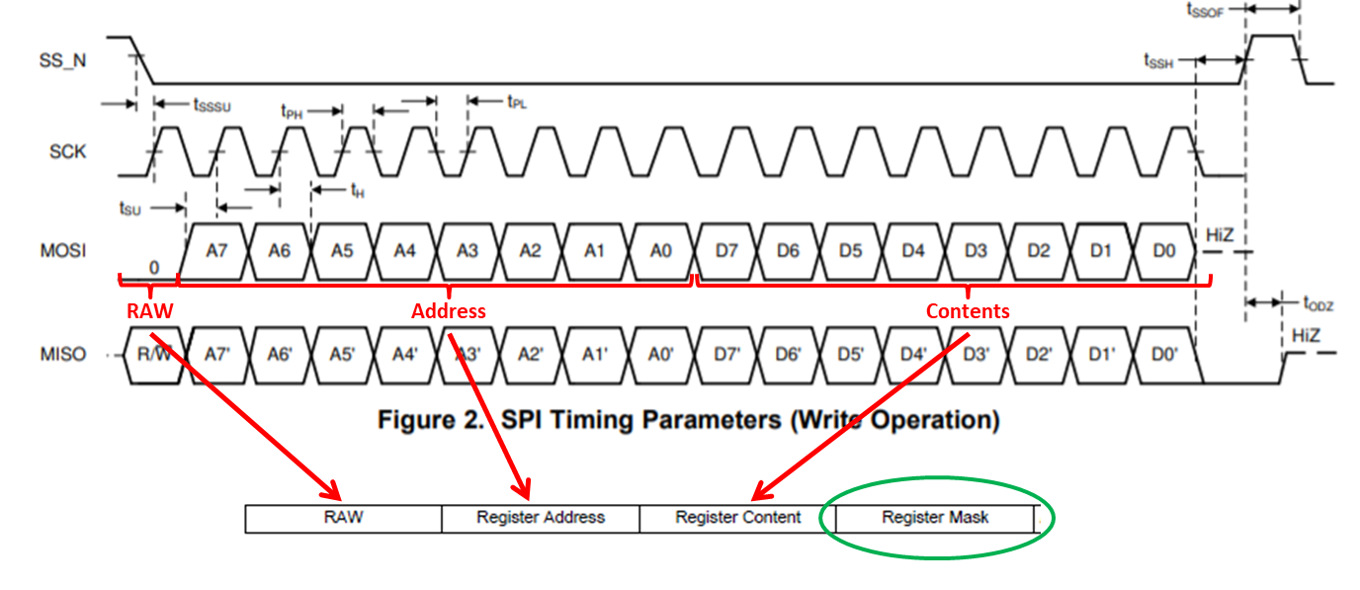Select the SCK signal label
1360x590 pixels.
pos(67,152)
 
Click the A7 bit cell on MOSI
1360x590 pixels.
pos(216,251)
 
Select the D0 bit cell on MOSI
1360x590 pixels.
pos(1164,251)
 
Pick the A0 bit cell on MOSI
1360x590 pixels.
pos(660,251)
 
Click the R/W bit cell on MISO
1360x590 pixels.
pos(154,354)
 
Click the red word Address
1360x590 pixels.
pos(449,311)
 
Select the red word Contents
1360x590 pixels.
pos(968,311)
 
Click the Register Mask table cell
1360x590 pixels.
pos(935,517)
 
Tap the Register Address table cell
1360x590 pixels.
pos(541,517)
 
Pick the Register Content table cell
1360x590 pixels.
pos(738,517)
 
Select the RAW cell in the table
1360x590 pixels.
pos(343,517)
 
